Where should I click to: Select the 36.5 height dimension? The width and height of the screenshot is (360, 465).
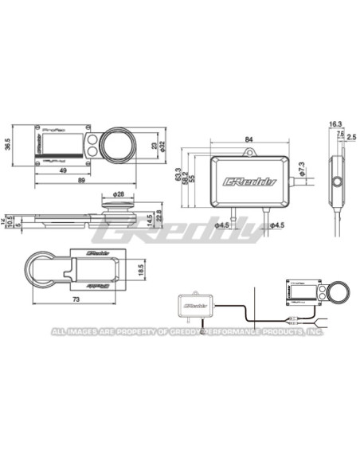[9, 144]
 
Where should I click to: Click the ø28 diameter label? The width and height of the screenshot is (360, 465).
[119, 194]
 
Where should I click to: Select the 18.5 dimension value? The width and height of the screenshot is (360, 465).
[140, 269]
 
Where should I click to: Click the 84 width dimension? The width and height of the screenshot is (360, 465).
[249, 140]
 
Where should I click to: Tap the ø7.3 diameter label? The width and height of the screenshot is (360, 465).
[301, 168]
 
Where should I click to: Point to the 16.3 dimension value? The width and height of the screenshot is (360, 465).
[335, 124]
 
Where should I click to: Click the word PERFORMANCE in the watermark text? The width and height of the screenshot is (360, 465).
[232, 332]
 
